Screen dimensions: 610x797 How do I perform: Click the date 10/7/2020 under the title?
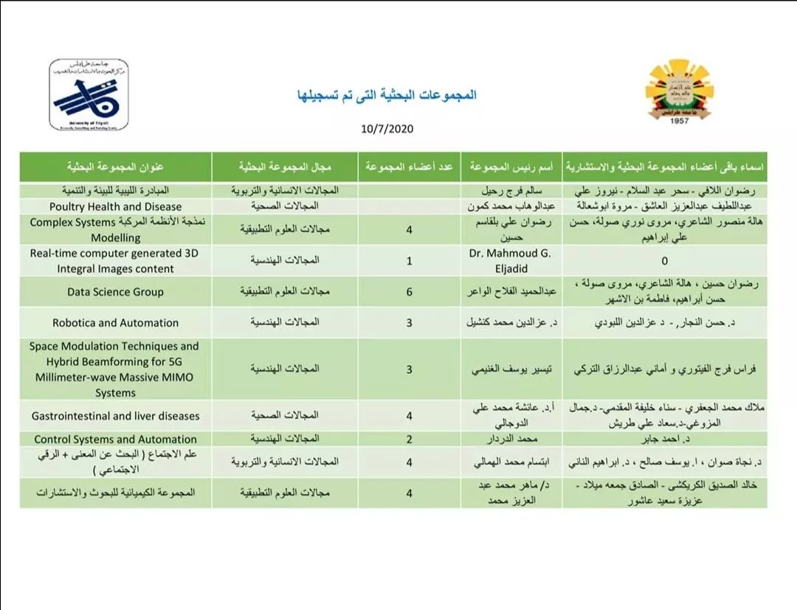(x=387, y=128)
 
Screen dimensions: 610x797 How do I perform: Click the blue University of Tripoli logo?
(x=89, y=95)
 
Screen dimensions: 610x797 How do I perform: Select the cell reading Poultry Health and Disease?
(x=115, y=207)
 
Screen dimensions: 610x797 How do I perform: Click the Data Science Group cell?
(x=115, y=291)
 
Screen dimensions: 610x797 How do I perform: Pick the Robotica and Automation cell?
(x=115, y=322)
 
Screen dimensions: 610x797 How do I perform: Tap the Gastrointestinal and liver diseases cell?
(x=115, y=416)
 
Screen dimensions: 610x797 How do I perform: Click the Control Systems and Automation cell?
(x=115, y=439)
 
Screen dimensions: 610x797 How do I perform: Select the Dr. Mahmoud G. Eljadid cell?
(x=511, y=260)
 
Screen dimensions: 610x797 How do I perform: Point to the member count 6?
(x=409, y=291)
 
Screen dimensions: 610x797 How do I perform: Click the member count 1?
(x=409, y=260)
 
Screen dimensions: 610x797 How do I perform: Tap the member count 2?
(x=409, y=439)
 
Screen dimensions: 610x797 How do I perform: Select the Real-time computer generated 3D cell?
(x=115, y=260)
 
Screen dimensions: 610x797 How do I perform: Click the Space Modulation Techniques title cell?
(x=115, y=370)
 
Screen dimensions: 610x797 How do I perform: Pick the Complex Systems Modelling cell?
(x=115, y=230)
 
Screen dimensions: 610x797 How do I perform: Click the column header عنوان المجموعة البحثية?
(x=115, y=167)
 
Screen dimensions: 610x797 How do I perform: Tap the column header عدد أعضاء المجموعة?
(x=409, y=167)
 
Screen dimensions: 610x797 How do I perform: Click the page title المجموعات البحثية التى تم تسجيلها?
(x=386, y=95)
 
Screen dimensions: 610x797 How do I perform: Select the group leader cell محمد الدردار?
(x=511, y=439)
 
